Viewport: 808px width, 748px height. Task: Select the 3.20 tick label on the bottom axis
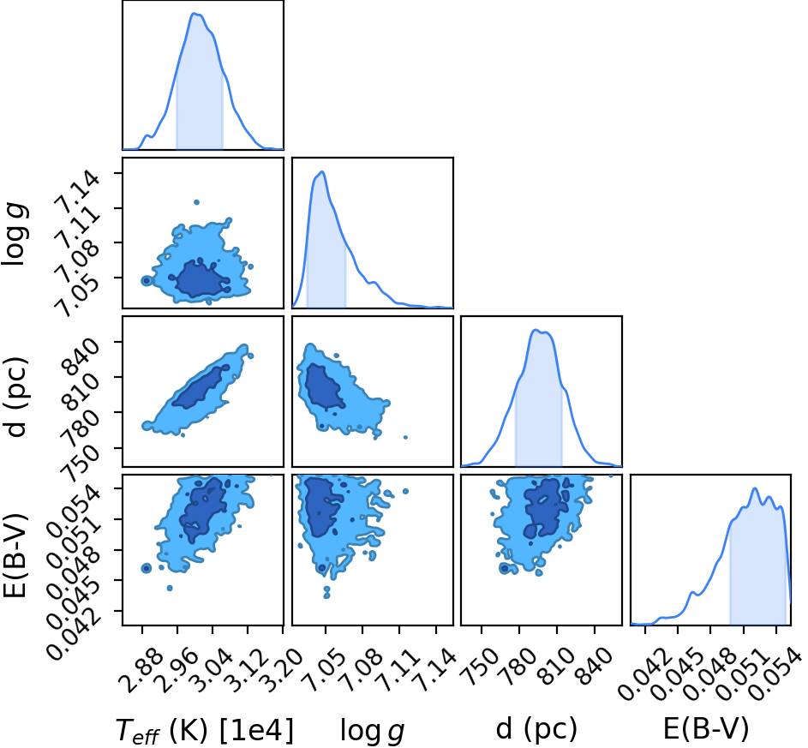(x=281, y=667)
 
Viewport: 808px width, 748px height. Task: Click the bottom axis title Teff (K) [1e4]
(x=205, y=731)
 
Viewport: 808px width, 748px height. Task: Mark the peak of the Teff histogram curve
(x=195, y=14)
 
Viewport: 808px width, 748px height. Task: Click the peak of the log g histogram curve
(x=322, y=171)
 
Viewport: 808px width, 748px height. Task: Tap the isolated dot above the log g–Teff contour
(x=196, y=202)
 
